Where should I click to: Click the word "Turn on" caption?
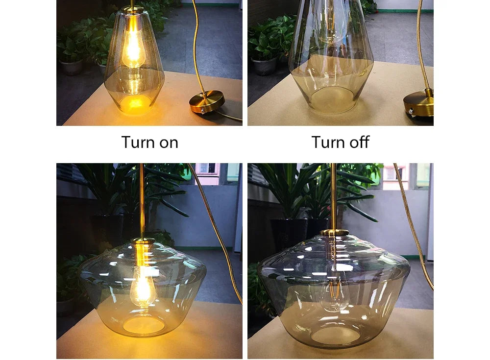coord(149,143)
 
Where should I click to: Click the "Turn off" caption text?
coord(340,143)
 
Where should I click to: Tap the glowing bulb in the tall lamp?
coord(133,49)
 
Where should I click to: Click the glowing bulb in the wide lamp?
coord(143,289)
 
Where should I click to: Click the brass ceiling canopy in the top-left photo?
coord(207,102)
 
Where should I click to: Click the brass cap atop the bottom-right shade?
coord(334,233)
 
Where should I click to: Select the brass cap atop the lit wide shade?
coord(143,241)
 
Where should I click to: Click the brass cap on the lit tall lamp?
coord(132,10)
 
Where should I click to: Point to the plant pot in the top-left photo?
coord(72,67)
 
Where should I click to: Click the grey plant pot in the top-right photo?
coord(265,66)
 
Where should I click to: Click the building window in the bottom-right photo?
coord(394,174)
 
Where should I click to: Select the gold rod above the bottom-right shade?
coord(334,196)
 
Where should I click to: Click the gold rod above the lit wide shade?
coord(142,201)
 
